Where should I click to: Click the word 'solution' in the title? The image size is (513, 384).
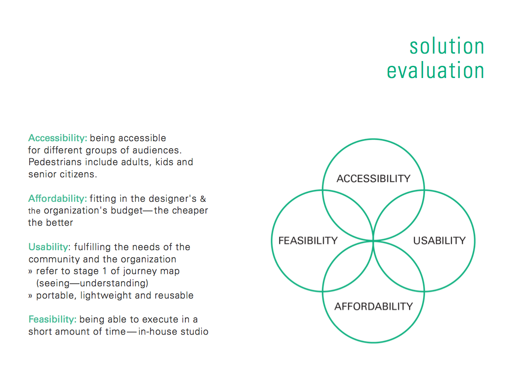(447, 46)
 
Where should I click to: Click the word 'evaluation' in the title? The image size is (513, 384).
(435, 70)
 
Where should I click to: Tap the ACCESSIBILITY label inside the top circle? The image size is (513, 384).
(373, 178)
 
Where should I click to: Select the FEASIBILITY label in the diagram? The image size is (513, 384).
(308, 241)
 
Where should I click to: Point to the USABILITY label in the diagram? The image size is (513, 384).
(439, 241)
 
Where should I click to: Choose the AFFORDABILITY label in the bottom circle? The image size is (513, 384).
(373, 306)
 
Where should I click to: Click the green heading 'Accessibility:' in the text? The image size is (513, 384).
(58, 138)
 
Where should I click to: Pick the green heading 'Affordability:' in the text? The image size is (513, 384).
(58, 199)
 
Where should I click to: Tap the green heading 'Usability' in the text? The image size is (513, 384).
(48, 247)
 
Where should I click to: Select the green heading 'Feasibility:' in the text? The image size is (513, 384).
(52, 319)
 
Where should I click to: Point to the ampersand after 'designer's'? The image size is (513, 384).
(203, 199)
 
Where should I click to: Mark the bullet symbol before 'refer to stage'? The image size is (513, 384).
(30, 272)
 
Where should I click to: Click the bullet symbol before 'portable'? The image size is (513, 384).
(30, 296)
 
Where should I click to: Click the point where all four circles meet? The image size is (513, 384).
(373, 241)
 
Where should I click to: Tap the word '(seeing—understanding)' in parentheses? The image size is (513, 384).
(92, 283)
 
